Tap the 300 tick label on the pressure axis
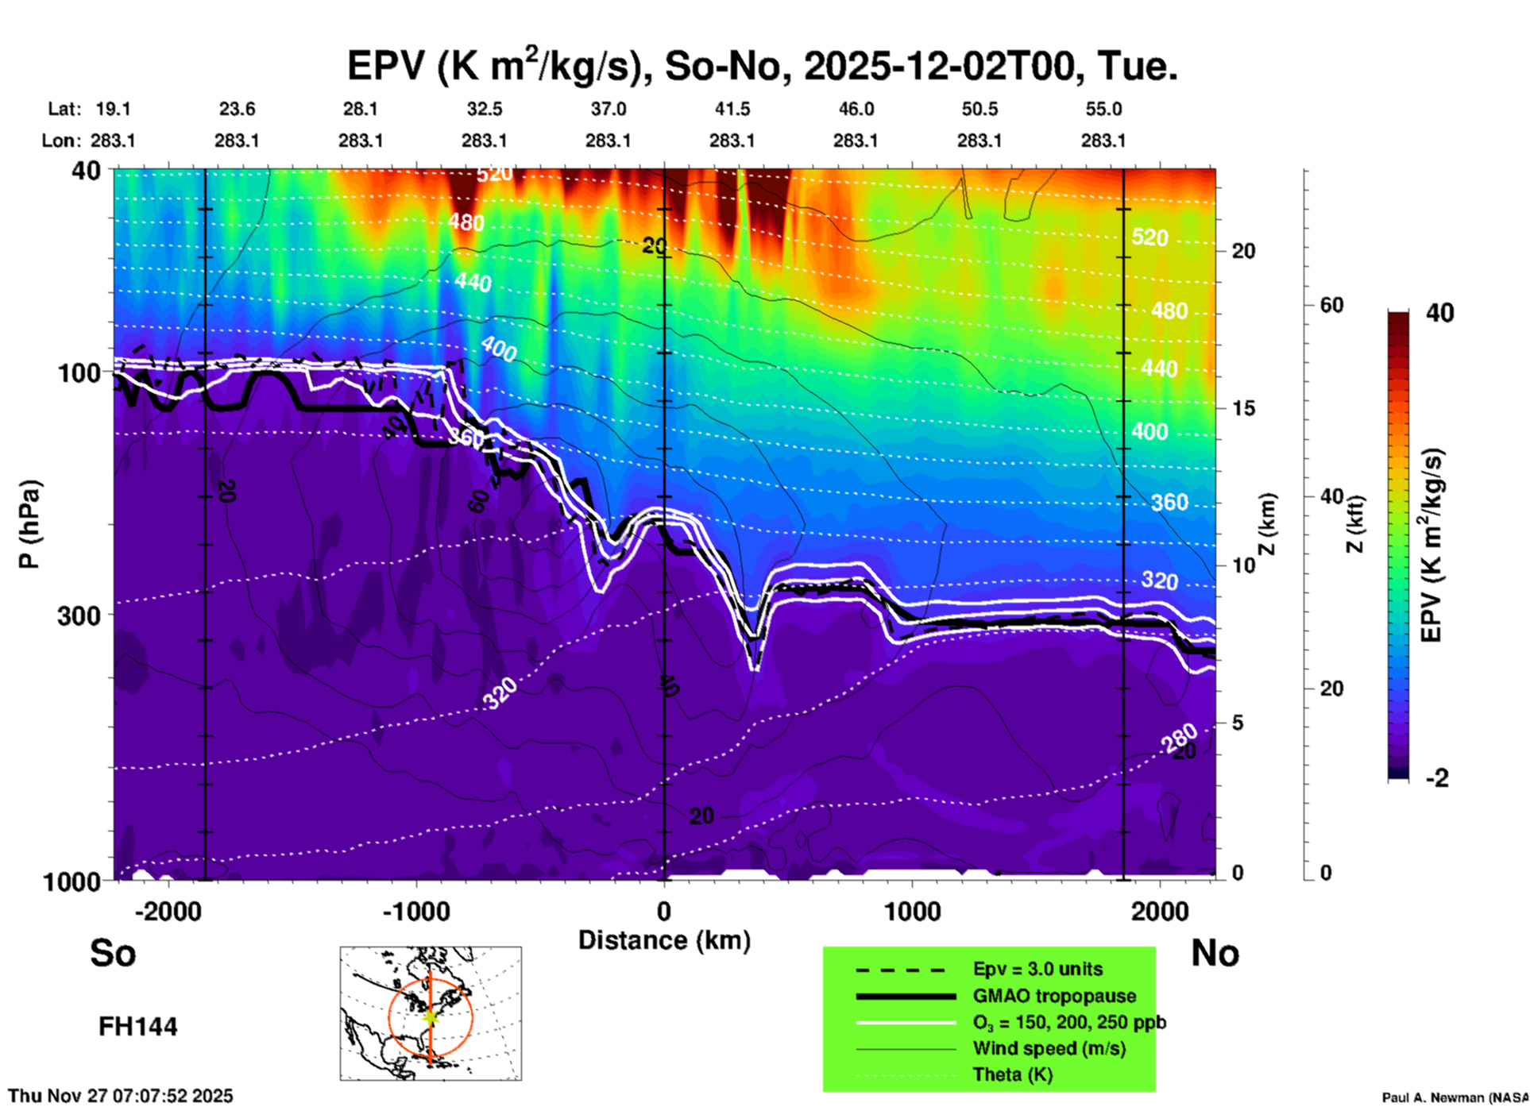(79, 615)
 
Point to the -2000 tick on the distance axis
(168, 911)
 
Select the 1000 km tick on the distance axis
(912, 911)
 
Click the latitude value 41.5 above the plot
(732, 109)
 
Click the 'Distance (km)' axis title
(664, 940)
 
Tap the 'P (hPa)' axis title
(29, 524)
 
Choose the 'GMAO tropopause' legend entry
(1054, 996)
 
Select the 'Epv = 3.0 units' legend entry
(1037, 970)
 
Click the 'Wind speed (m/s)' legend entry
(1049, 1048)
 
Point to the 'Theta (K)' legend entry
(1012, 1074)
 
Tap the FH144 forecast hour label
(137, 1027)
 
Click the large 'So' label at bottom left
(113, 953)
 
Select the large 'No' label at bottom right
(1215, 953)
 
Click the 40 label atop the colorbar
(1439, 313)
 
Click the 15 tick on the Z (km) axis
(1243, 408)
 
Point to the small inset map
(431, 1012)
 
